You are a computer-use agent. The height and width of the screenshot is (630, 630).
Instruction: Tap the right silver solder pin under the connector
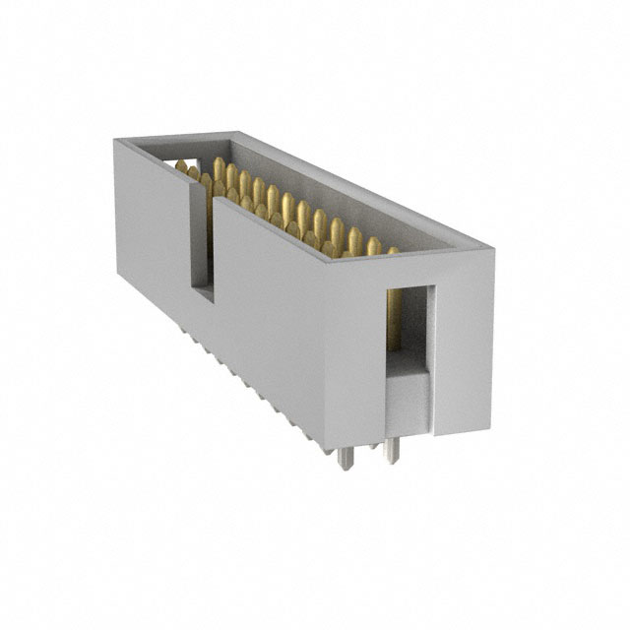[x=392, y=450]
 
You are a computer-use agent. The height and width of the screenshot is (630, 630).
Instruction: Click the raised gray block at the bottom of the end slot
[x=406, y=399]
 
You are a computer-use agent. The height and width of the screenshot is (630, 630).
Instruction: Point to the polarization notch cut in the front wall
[x=201, y=246]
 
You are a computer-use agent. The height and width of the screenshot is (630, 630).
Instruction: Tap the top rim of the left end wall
[x=172, y=137]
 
